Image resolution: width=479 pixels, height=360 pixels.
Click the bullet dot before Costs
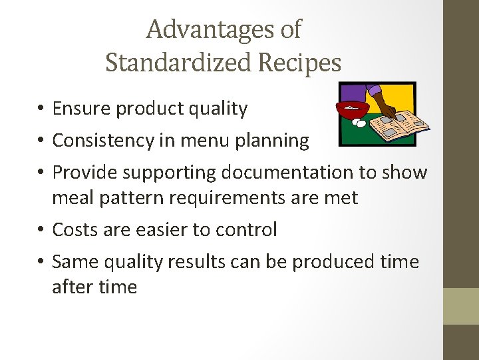pyautogui.click(x=41, y=231)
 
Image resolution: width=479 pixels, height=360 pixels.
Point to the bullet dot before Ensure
pyautogui.click(x=41, y=109)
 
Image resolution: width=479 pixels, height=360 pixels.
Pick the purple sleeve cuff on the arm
pyautogui.click(x=375, y=90)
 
